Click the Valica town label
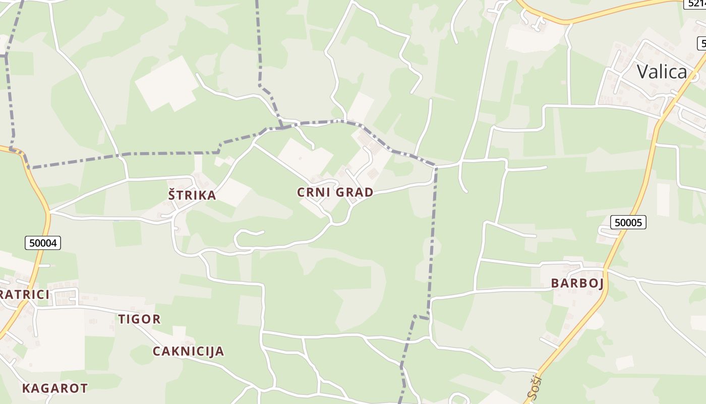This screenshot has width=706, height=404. point(662,72)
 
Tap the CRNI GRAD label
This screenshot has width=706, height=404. point(335,192)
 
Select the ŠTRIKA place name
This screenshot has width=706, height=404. point(192,195)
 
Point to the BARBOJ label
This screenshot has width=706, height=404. point(577,283)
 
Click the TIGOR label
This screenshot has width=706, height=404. point(139,319)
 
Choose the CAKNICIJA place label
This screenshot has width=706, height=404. point(188,351)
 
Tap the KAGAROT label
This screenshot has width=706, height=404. point(54,388)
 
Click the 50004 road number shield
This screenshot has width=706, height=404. point(43,243)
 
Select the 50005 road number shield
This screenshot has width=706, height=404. point(628,222)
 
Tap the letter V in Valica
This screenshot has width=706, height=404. point(643,72)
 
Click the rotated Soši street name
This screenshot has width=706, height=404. point(534,387)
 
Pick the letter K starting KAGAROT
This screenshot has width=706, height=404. point(26,388)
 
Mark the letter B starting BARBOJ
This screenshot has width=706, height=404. point(555,283)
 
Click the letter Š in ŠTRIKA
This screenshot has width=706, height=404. point(172,194)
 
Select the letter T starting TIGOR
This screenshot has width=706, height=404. point(122,319)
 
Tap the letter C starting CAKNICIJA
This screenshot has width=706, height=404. point(157,351)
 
